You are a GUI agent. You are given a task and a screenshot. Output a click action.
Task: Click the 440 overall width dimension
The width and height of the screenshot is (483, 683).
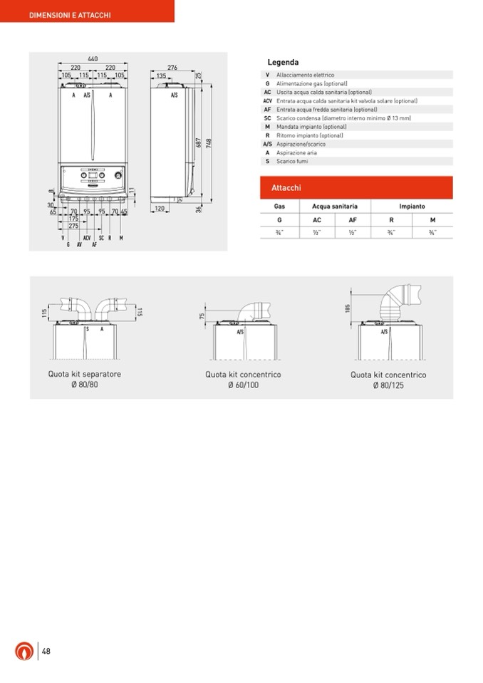(93, 58)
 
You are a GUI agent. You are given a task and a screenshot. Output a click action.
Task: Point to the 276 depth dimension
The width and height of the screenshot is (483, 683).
(172, 67)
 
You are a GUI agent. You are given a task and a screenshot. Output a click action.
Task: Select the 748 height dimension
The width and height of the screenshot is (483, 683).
(209, 143)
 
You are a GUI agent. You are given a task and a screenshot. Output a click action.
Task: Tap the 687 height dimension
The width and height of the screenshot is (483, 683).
(199, 143)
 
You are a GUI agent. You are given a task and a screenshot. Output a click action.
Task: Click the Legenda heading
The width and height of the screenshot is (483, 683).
(283, 63)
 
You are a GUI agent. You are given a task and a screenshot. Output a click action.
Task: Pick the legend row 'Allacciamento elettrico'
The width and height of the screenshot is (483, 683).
(305, 75)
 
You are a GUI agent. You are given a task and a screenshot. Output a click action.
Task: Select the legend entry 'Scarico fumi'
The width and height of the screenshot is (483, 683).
(292, 162)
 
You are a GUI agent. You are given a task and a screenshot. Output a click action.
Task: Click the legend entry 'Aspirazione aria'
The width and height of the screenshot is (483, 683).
(296, 153)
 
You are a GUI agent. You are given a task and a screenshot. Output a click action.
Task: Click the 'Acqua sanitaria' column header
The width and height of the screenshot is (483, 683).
(335, 207)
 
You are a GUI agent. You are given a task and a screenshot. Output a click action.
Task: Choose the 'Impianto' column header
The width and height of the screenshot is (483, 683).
(412, 207)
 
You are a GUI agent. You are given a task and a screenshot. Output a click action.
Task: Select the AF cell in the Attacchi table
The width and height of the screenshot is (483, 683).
(352, 220)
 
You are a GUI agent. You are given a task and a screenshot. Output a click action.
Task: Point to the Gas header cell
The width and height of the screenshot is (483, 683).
(279, 207)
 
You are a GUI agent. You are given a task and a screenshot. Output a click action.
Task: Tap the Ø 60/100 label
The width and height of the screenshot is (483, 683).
(243, 385)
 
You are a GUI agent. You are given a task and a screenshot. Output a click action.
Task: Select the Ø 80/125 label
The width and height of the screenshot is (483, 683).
(388, 385)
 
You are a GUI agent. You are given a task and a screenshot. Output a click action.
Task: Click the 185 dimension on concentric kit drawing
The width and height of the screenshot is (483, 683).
(347, 307)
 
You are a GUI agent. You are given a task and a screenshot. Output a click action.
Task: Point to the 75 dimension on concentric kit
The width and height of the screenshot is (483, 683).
(202, 316)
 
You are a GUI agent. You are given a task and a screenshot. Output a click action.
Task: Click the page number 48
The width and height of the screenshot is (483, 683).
(46, 651)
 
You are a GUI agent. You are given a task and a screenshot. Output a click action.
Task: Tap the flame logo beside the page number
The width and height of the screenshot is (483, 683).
(24, 651)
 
